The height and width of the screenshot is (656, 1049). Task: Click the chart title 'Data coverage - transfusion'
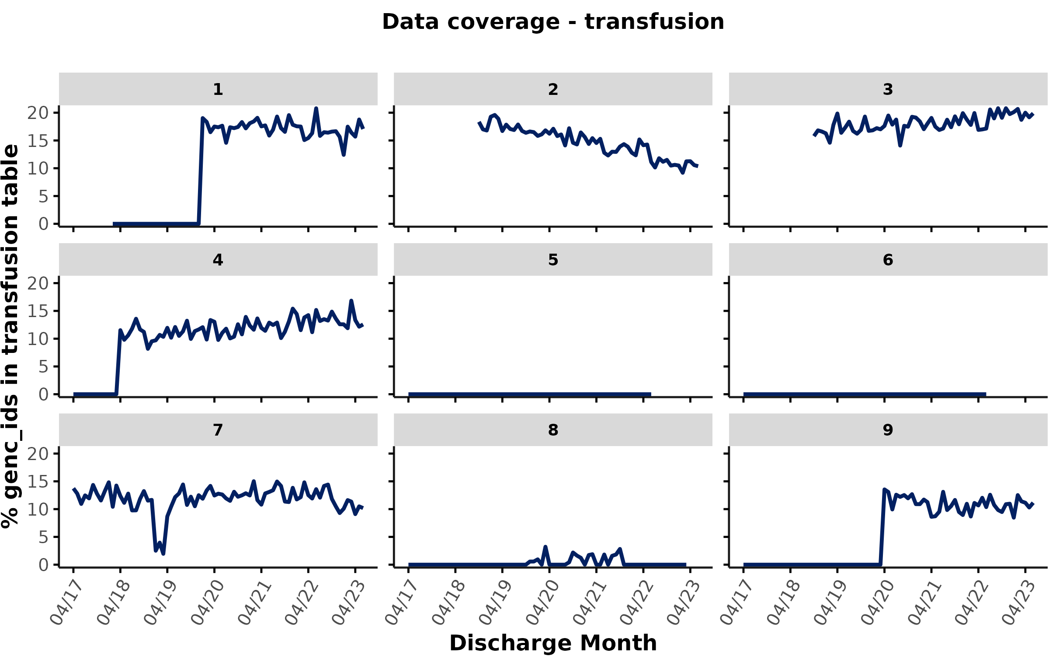[x=553, y=22]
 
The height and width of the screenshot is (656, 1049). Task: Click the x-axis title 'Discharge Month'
[x=553, y=643]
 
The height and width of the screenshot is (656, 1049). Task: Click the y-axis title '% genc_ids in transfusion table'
[x=10, y=336]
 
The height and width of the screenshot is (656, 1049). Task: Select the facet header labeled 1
[x=218, y=89]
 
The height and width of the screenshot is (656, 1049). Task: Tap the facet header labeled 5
[x=553, y=260]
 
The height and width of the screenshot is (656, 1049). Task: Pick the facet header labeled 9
[x=888, y=430]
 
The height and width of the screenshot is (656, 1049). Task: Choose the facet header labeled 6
[x=888, y=260]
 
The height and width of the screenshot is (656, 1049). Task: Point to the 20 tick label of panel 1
[x=38, y=113]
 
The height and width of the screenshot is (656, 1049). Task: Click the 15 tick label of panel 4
[x=38, y=311]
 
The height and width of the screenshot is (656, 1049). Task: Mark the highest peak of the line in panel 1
[x=316, y=108]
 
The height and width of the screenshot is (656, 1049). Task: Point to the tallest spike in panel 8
[x=545, y=547]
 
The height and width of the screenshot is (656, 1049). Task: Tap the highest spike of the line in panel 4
[x=351, y=301]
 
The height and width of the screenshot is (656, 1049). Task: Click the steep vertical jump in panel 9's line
[x=882, y=527]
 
